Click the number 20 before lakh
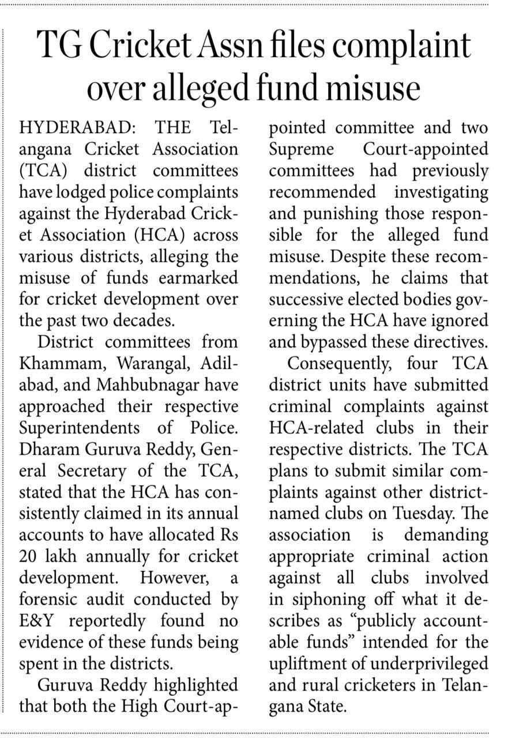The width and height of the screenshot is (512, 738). pos(29,557)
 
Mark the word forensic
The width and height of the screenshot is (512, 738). pos(57,600)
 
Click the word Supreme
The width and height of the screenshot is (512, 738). pos(303,149)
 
